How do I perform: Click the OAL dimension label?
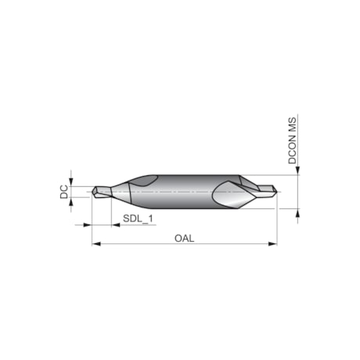click(185, 238)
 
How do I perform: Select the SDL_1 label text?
click(136, 219)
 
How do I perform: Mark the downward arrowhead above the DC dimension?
click(72, 181)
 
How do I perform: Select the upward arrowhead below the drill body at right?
click(297, 211)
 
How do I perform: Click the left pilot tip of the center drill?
click(99, 190)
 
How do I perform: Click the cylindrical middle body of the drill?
click(185, 190)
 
